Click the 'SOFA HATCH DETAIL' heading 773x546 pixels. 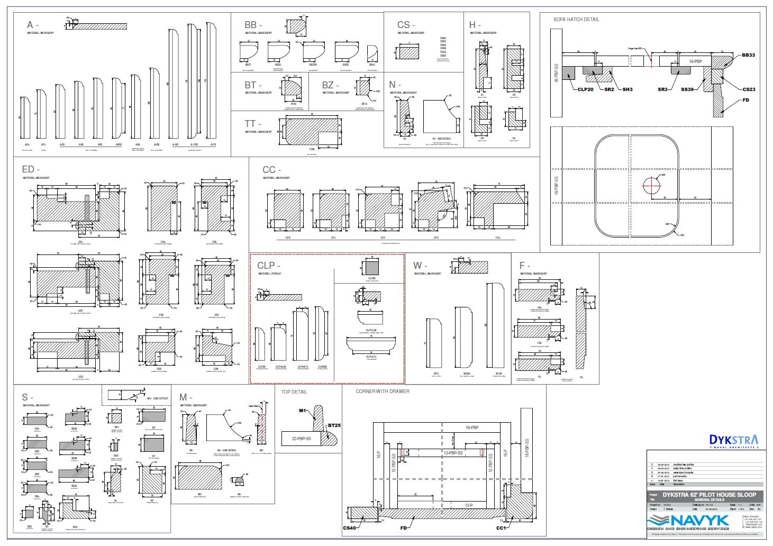click(576, 20)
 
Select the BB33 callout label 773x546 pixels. click(748, 55)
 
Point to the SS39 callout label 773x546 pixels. click(687, 89)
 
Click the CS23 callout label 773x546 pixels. click(749, 89)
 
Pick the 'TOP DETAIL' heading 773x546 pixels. click(294, 392)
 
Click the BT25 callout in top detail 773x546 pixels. click(334, 425)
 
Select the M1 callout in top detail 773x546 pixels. click(303, 411)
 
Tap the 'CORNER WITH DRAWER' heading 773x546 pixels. click(382, 392)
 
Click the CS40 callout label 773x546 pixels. click(350, 527)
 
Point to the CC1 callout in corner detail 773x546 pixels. click(501, 527)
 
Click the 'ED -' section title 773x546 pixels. click(31, 169)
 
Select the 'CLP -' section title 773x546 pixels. click(269, 265)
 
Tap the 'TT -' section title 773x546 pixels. click(252, 124)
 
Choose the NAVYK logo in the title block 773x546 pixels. click(688, 521)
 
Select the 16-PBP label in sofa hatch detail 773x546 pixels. click(695, 61)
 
